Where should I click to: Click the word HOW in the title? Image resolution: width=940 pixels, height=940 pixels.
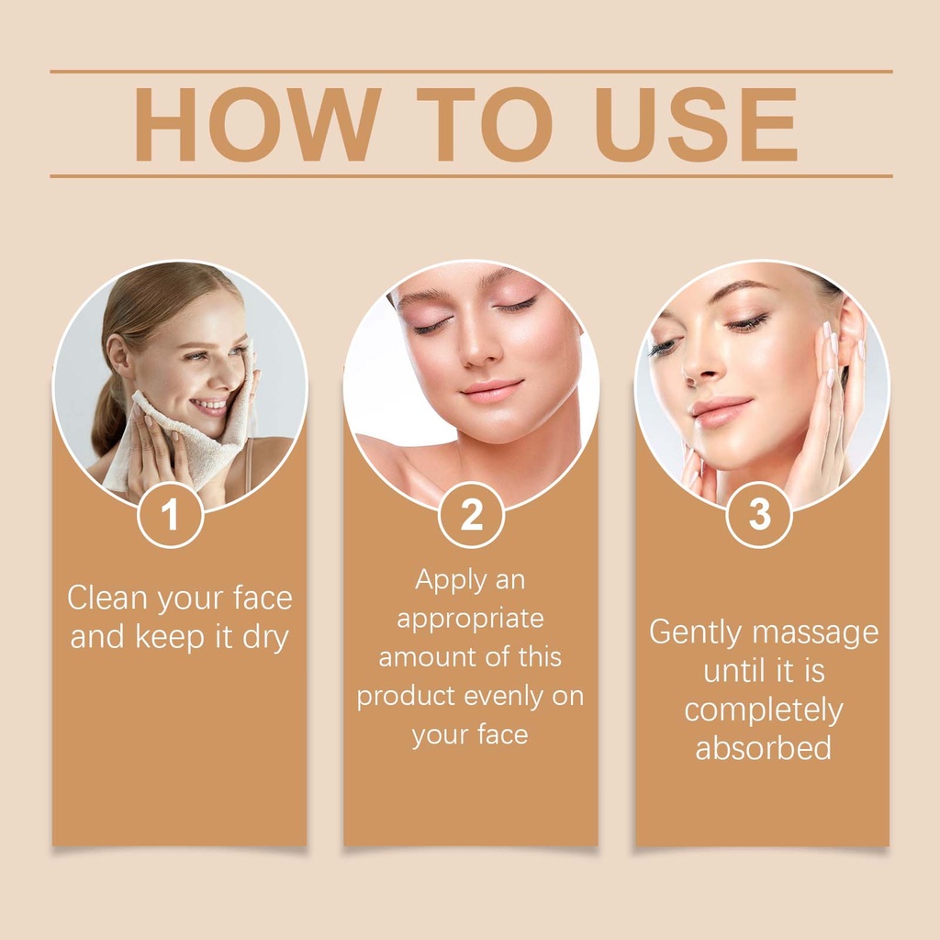[258, 124]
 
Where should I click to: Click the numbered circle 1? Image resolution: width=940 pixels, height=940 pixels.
[170, 514]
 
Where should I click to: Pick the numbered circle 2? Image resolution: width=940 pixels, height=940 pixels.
[471, 514]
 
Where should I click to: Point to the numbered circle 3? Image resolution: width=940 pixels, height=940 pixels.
[759, 514]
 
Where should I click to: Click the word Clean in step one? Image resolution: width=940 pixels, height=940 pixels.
[106, 598]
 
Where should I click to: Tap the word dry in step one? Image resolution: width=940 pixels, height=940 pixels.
[265, 638]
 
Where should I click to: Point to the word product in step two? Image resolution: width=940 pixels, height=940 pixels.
[406, 698]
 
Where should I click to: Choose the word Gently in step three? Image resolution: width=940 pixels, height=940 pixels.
[696, 633]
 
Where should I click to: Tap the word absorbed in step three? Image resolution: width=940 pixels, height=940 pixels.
[763, 747]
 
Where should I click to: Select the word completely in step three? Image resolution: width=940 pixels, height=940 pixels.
[763, 711]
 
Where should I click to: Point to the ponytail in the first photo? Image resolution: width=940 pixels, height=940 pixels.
[108, 414]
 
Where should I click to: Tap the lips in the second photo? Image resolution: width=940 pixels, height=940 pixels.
[492, 390]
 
